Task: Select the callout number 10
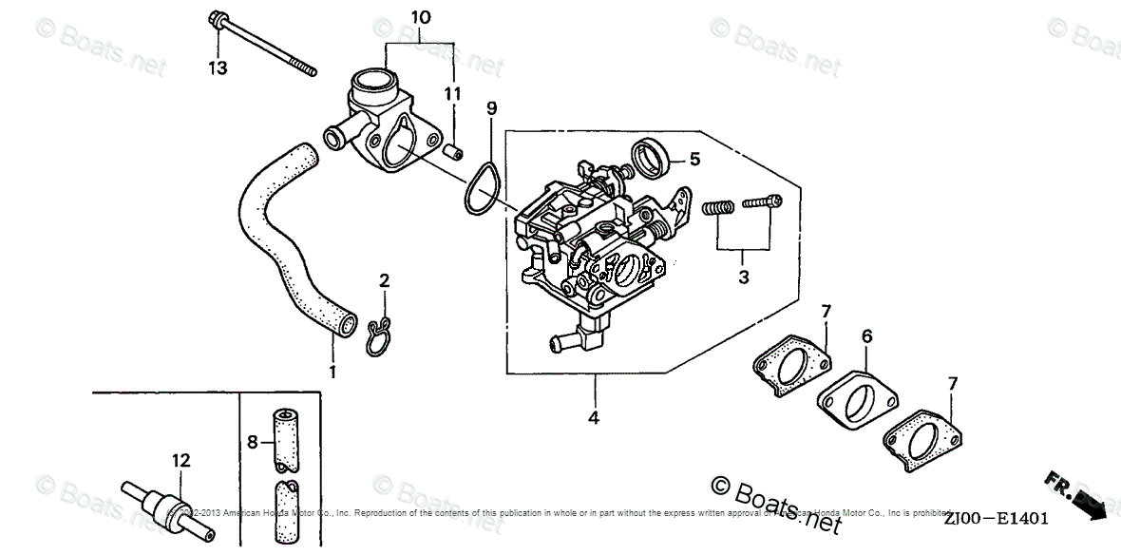(x=421, y=17)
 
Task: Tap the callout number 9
(x=491, y=108)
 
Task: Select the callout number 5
(x=694, y=159)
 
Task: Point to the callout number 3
(x=744, y=277)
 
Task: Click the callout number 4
(x=595, y=415)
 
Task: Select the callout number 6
(x=866, y=335)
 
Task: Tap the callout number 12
(x=181, y=461)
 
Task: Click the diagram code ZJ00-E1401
(x=996, y=519)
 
